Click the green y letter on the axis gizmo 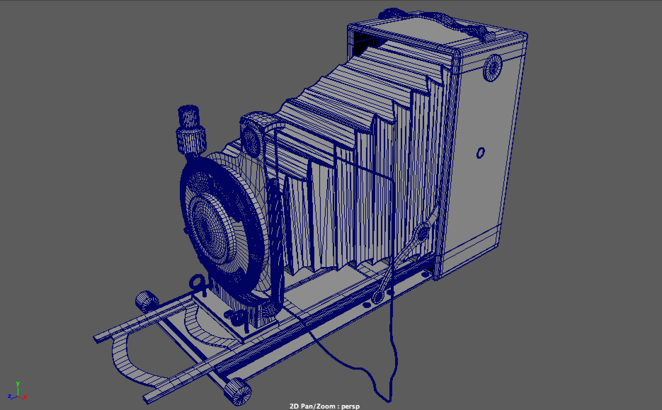[18, 384]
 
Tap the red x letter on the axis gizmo [25, 397]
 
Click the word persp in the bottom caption [350, 406]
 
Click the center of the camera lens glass [209, 227]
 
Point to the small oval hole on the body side [480, 153]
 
